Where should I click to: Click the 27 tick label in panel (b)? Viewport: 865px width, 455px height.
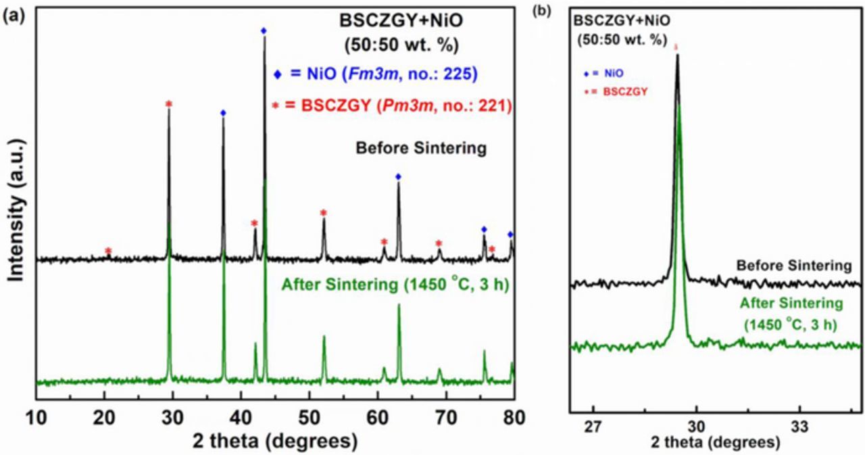593,427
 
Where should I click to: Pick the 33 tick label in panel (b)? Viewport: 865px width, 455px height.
799,427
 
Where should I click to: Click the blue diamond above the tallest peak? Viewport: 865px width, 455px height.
264,30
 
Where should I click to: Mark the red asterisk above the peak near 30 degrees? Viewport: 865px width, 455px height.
169,104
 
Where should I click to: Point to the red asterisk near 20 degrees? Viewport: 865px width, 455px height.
108,252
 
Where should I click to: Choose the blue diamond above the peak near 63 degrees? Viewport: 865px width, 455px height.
398,176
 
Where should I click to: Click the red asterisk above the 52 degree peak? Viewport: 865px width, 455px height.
324,214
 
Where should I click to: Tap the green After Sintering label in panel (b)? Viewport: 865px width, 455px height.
791,313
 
